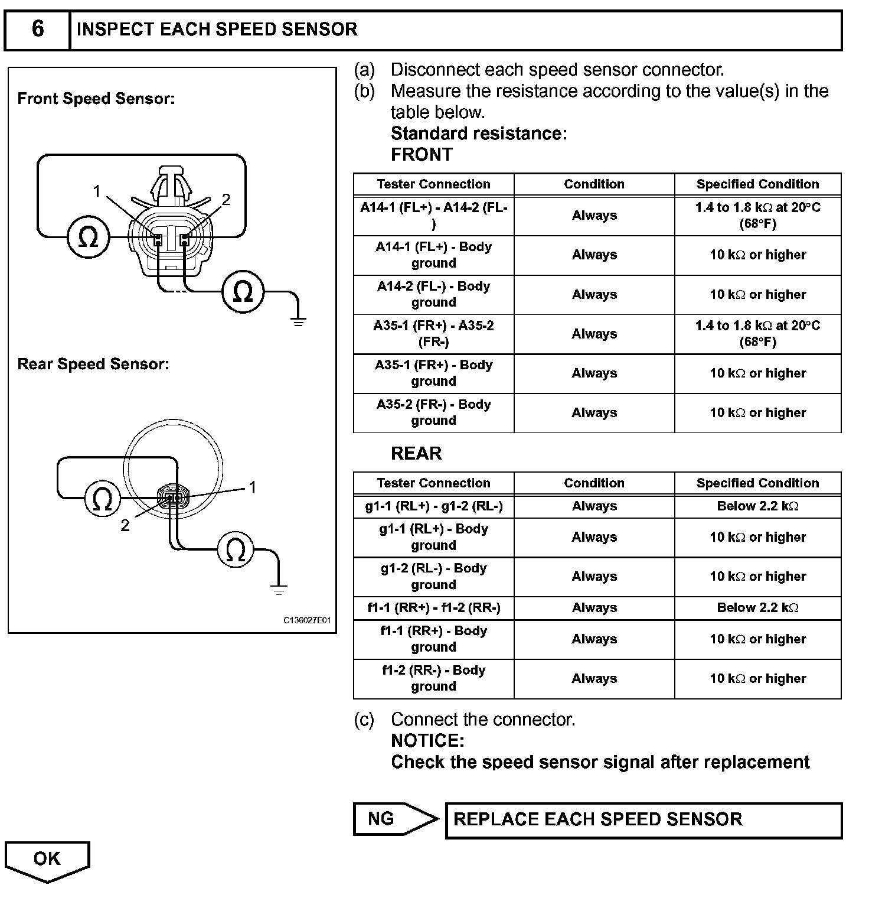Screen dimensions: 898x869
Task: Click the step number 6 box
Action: click(37, 29)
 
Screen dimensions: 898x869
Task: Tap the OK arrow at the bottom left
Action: click(47, 860)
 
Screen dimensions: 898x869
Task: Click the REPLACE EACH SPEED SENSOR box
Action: click(643, 819)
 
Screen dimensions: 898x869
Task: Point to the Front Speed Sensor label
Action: click(96, 99)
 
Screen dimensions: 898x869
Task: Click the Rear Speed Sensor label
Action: click(93, 364)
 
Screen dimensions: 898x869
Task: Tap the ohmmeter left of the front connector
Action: click(89, 237)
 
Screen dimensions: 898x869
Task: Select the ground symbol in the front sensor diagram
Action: click(299, 321)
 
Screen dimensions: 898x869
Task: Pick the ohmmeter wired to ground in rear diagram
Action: click(236, 550)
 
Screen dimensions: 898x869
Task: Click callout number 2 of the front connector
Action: click(226, 200)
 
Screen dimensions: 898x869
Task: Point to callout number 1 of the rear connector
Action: click(253, 487)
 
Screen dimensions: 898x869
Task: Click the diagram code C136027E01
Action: click(307, 621)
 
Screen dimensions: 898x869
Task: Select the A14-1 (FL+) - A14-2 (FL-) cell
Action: click(434, 216)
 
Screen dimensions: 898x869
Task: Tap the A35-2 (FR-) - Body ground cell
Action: click(434, 412)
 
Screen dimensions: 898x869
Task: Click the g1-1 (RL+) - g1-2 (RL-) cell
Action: click(434, 506)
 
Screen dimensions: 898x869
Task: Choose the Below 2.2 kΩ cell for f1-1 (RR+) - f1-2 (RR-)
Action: click(757, 608)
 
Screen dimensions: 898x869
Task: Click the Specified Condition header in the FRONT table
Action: click(757, 184)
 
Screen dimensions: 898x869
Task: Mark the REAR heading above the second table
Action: click(416, 453)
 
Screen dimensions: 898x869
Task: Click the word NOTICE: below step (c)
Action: click(427, 741)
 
